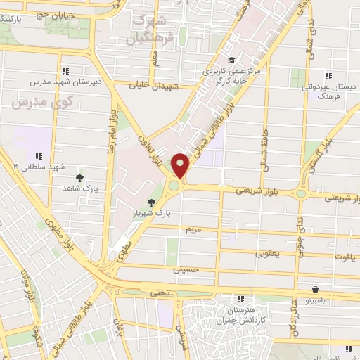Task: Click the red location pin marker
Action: (x=181, y=165)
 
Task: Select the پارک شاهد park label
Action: (x=79, y=188)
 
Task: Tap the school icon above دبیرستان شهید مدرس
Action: (x=66, y=71)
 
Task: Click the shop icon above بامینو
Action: (x=316, y=288)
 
